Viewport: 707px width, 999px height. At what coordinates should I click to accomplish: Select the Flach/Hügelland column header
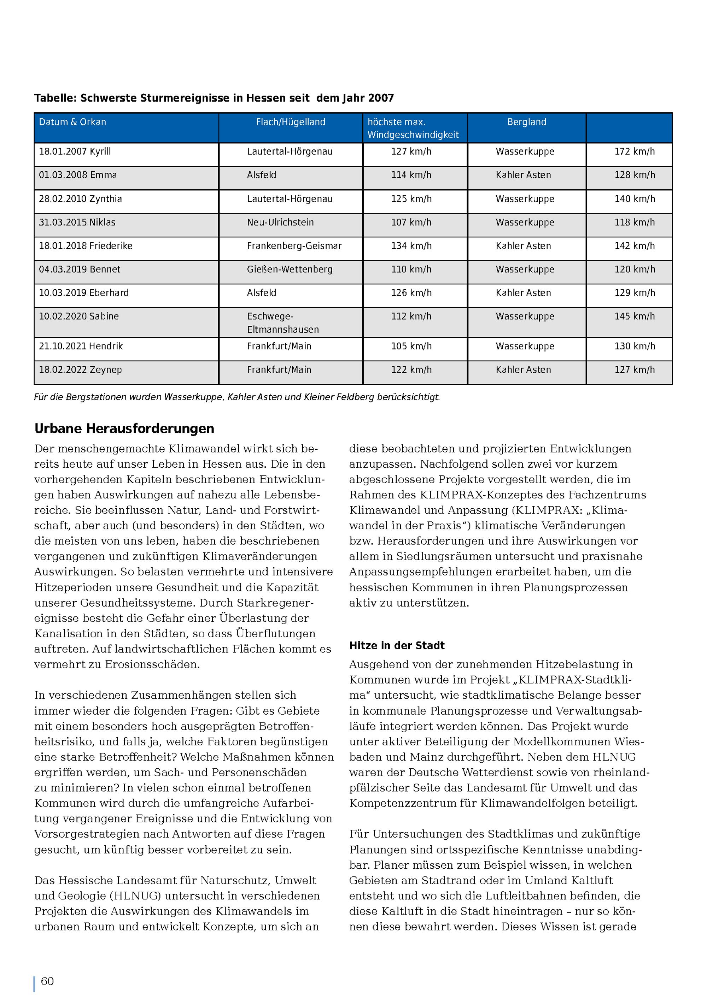pos(290,122)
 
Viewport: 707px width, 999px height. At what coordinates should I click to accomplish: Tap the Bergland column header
pos(526,122)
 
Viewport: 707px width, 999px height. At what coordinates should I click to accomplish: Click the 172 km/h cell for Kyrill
pos(634,152)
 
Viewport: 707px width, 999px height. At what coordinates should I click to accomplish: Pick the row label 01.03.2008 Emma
pos(78,175)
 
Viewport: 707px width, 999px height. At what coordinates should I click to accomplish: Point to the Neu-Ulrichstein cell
pos(280,222)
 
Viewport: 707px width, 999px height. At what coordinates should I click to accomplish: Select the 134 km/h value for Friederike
pos(411,246)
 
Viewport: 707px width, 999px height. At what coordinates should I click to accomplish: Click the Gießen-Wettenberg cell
pos(290,269)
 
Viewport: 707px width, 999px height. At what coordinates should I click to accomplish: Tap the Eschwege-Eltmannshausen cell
pos(283,323)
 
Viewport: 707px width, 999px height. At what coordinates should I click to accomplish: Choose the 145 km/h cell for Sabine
pos(634,316)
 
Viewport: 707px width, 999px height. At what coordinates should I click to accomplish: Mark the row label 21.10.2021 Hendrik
pos(81,346)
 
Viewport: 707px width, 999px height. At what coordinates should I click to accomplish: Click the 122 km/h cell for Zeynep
pos(411,370)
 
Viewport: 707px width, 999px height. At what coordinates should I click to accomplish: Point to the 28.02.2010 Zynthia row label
pos(81,199)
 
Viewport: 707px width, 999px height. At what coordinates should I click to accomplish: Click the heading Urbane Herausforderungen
pos(124,428)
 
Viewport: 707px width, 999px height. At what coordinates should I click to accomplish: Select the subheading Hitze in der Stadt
pos(397,645)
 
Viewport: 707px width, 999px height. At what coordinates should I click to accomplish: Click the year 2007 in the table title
pos(381,98)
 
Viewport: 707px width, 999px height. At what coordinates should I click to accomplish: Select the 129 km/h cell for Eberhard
pos(634,293)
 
